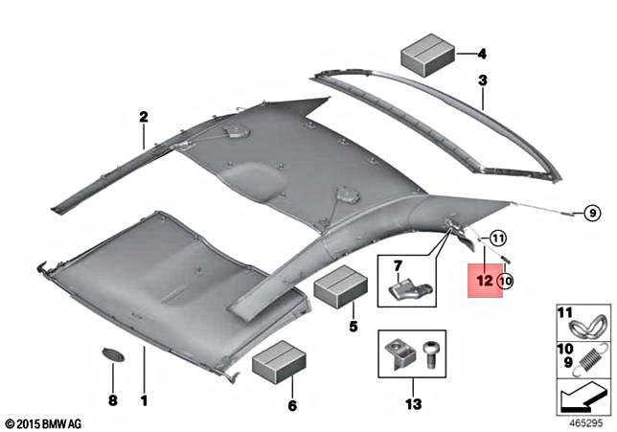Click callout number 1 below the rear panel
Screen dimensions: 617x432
[x=145, y=399]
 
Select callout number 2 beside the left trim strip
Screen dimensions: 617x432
[x=144, y=118]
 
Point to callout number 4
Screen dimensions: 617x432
[x=482, y=54]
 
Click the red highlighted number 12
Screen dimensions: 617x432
[x=484, y=281]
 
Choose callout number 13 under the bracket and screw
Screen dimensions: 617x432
[x=413, y=405]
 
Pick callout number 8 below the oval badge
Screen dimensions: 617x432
[x=112, y=399]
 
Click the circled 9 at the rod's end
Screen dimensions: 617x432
[x=591, y=213]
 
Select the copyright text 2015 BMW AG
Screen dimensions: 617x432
[x=43, y=421]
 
